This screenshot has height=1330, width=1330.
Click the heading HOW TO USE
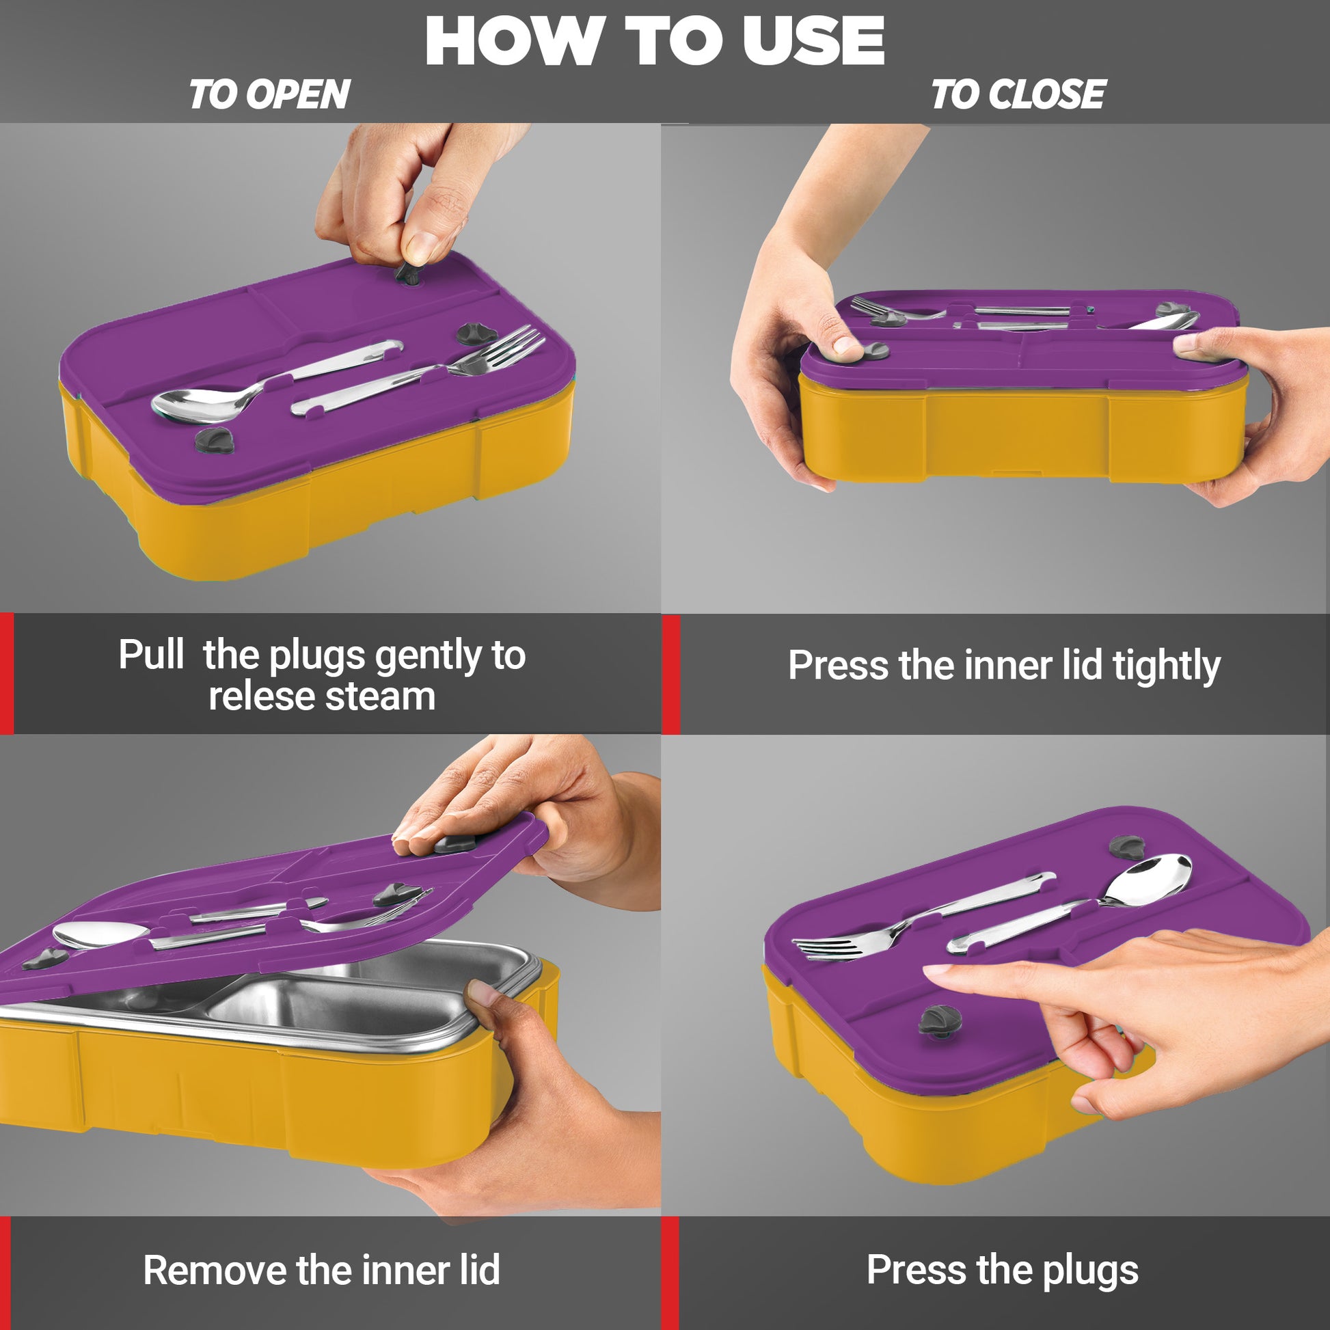pos(654,40)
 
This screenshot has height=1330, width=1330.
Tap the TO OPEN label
pos(269,94)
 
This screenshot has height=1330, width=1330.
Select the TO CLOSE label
pos(1018,94)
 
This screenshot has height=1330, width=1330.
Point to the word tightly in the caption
pos(1166,666)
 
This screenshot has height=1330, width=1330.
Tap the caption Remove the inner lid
pos(321,1270)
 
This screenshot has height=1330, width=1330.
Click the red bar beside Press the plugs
pos(670,1273)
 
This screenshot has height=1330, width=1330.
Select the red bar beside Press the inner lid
pos(670,675)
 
